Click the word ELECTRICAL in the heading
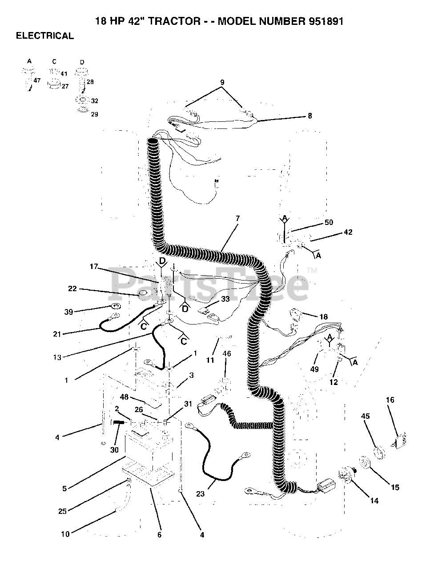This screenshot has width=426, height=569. [45, 36]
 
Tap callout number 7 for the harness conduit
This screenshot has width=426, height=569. [237, 218]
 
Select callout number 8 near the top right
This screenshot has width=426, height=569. [309, 116]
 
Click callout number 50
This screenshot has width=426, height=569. [329, 222]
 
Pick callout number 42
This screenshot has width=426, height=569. [348, 232]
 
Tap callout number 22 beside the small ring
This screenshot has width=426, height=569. [72, 289]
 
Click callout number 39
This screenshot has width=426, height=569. [68, 312]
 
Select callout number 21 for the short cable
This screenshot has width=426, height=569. [57, 334]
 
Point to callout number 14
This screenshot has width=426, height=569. [374, 501]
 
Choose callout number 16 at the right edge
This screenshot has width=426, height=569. [390, 400]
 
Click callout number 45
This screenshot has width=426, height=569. [365, 417]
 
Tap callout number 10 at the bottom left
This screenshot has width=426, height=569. [65, 534]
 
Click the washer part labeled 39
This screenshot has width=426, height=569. [115, 306]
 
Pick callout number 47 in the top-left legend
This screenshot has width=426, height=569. [37, 80]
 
